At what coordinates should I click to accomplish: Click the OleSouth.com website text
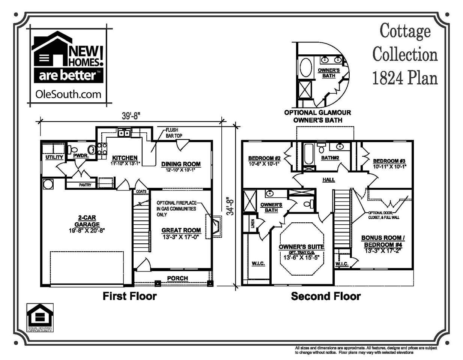coord(68,94)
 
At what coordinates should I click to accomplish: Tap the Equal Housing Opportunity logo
coord(39,318)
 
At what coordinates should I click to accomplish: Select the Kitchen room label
coord(125,158)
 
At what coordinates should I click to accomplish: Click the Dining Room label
coord(181,164)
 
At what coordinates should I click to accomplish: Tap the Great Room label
coord(181,230)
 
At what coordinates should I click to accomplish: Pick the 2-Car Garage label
coord(87,221)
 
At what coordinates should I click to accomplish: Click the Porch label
coord(177,278)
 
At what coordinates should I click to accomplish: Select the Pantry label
coord(85,185)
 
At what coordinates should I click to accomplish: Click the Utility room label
coord(54,157)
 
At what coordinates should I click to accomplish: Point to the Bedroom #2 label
coord(264,158)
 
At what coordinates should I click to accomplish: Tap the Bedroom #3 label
coord(389,161)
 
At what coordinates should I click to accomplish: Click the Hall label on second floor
coord(329,180)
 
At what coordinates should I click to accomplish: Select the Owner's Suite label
coord(301,247)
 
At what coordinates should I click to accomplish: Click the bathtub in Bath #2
coord(308,154)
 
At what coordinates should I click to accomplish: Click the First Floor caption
coord(129,296)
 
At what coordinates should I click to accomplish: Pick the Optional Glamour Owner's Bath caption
coord(317,116)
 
